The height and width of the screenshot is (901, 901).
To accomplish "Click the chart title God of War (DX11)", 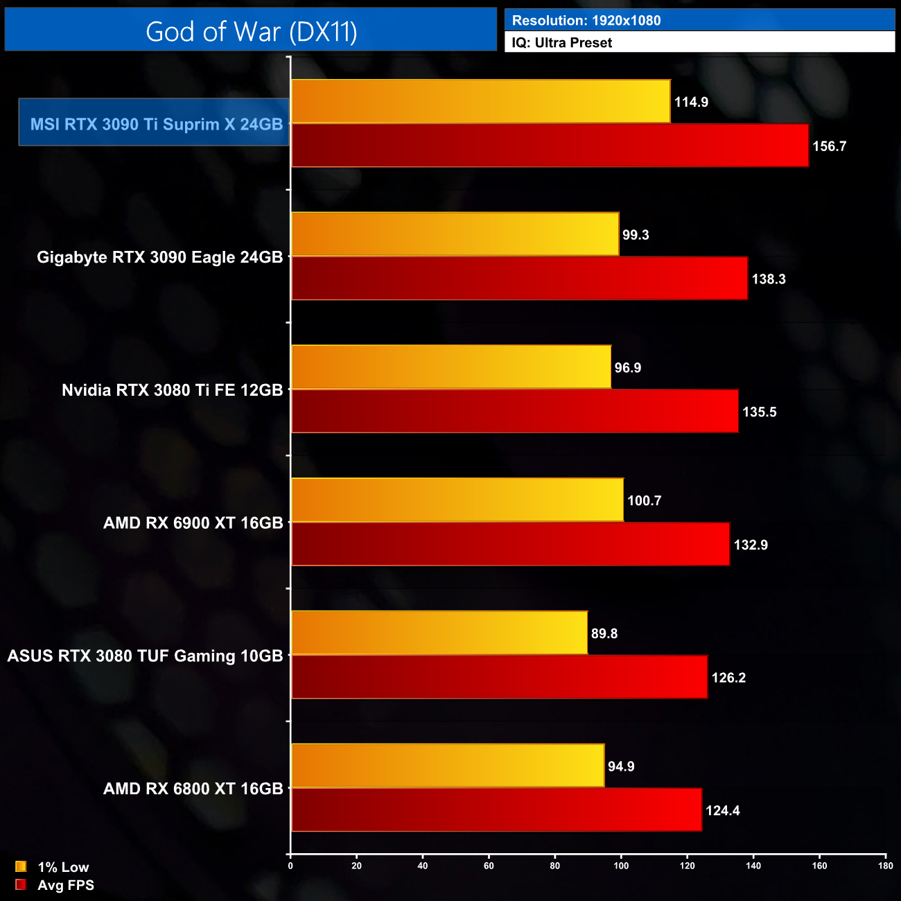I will pyautogui.click(x=251, y=32).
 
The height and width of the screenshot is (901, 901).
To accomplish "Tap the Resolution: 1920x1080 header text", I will pyautogui.click(x=586, y=21).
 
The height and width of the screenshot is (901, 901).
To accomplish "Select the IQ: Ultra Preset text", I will pyautogui.click(x=562, y=43).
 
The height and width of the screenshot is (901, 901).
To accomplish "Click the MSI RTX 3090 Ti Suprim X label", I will pyautogui.click(x=156, y=124).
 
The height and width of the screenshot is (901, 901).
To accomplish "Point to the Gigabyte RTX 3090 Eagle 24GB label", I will pyautogui.click(x=159, y=257).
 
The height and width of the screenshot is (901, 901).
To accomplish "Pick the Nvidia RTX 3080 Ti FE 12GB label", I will pyautogui.click(x=172, y=390).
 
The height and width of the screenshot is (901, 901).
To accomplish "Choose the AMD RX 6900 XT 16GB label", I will pyautogui.click(x=193, y=523).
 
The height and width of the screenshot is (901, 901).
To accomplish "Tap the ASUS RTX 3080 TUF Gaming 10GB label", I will pyautogui.click(x=145, y=656).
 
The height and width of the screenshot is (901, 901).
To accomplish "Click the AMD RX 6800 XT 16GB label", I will pyautogui.click(x=193, y=789).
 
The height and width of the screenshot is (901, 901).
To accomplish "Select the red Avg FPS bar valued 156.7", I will pyautogui.click(x=550, y=146).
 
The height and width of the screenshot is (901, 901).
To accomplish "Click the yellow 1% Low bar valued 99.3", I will pyautogui.click(x=455, y=234).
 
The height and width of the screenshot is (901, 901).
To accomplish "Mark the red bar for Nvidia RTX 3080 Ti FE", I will pyautogui.click(x=514, y=411).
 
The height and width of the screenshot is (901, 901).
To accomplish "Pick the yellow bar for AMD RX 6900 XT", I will pyautogui.click(x=457, y=500).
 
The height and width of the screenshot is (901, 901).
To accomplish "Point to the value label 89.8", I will pyautogui.click(x=604, y=633).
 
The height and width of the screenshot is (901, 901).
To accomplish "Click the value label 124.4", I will pyautogui.click(x=723, y=811).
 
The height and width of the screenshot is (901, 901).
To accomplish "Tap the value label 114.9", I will pyautogui.click(x=691, y=102).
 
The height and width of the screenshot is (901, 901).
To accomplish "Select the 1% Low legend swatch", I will pyautogui.click(x=21, y=866).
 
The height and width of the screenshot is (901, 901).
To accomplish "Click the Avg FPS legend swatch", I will pyautogui.click(x=21, y=884).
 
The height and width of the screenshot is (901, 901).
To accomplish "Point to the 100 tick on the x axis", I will pyautogui.click(x=621, y=866).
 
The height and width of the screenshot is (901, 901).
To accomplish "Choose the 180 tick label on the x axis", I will pyautogui.click(x=885, y=866).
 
